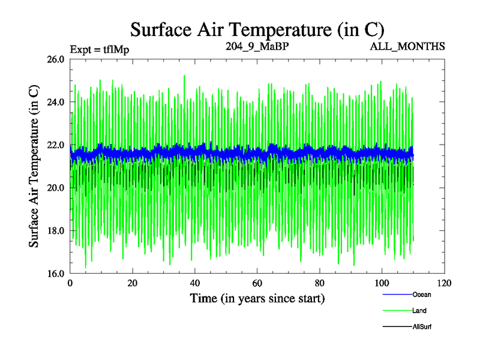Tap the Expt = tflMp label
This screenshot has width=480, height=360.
point(100,49)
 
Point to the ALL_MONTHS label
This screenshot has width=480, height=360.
point(408,46)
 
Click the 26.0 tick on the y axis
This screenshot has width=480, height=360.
point(55,59)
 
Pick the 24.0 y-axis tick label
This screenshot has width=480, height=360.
point(55,102)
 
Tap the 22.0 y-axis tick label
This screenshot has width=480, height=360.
point(55,145)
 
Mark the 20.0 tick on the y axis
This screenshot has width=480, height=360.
point(55,188)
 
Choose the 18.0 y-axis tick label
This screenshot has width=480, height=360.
point(55,230)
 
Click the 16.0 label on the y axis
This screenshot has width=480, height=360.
point(55,274)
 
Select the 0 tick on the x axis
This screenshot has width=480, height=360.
point(70,283)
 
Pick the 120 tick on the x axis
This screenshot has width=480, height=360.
point(444,283)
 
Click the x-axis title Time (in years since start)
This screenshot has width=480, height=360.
point(257,298)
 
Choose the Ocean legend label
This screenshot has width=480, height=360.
point(421,295)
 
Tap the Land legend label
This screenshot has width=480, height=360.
point(419,311)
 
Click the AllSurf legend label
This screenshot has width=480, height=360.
point(421,327)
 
